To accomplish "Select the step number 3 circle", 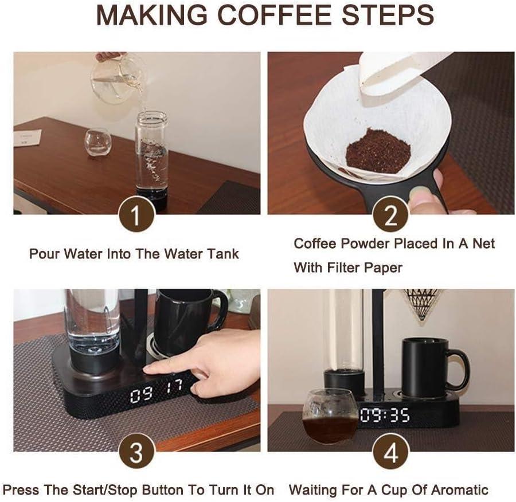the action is tap(136, 452).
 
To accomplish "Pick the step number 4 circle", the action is tap(390, 452).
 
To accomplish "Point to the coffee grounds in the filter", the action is tap(378, 150).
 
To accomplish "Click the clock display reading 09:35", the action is tap(385, 415).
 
